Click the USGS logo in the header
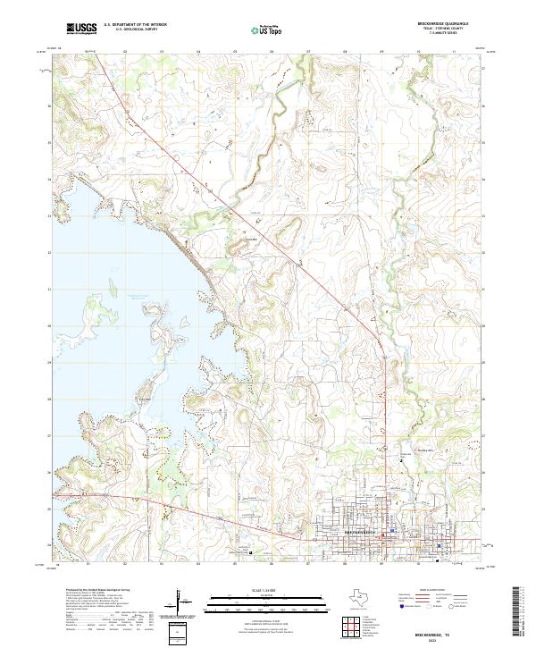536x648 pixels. pyautogui.click(x=83, y=29)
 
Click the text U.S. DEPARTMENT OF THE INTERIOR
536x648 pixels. pyautogui.click(x=135, y=25)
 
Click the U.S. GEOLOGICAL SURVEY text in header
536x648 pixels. pyautogui.click(x=135, y=30)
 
